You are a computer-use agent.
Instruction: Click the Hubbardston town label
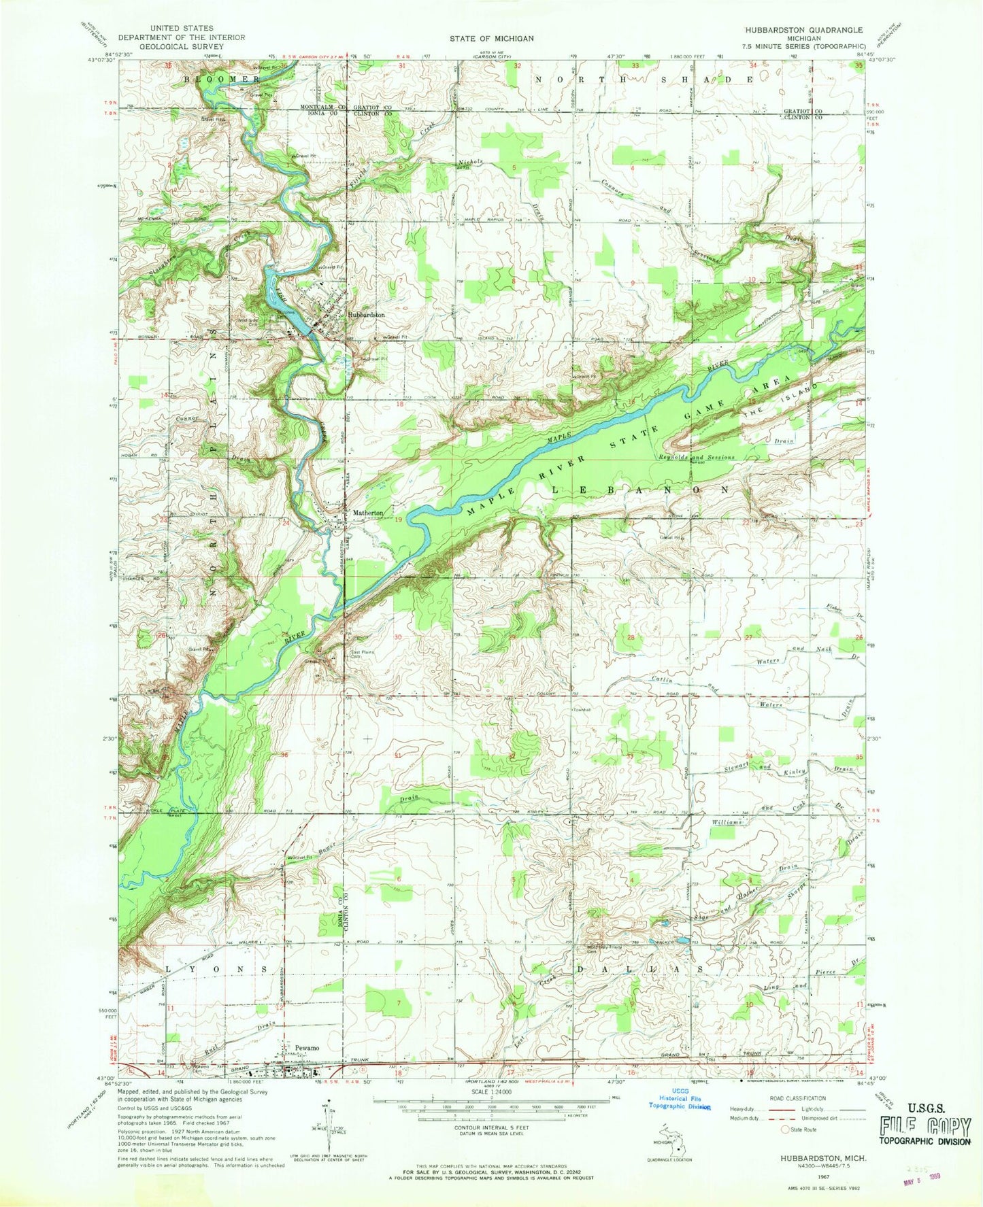tap(366, 316)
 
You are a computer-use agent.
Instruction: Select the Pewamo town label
tap(306, 1048)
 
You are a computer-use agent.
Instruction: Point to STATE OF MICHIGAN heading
tap(491, 39)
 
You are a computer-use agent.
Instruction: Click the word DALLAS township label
tap(641, 968)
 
